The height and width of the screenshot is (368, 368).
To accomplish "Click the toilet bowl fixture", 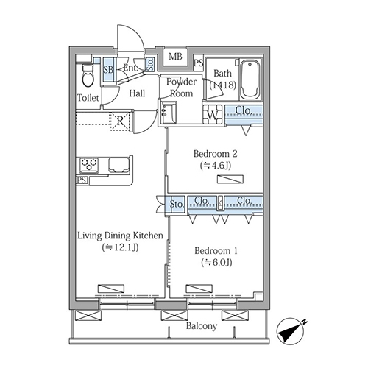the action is click(x=88, y=75).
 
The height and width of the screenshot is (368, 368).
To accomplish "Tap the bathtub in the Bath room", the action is click(x=250, y=79).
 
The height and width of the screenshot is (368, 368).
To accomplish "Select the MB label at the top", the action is click(x=175, y=57).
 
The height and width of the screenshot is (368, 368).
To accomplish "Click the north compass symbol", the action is click(x=291, y=332).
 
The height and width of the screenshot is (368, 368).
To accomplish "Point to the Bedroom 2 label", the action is click(x=215, y=154).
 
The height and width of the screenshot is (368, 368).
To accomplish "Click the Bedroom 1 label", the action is click(x=216, y=251).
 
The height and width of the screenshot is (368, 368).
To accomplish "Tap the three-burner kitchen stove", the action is click(x=89, y=164).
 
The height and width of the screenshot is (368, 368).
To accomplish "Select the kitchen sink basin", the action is click(x=119, y=164).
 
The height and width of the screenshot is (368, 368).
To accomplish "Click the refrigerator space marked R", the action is click(x=120, y=121).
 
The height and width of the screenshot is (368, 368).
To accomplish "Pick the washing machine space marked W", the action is click(x=213, y=114).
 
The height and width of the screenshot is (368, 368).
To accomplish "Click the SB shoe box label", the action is click(x=108, y=70).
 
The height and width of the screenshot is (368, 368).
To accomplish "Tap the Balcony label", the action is click(x=202, y=326).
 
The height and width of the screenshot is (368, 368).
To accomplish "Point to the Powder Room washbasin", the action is click(x=169, y=113).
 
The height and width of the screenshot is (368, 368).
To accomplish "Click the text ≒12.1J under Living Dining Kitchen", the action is click(x=120, y=247).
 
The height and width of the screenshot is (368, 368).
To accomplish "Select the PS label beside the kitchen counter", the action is click(x=82, y=180).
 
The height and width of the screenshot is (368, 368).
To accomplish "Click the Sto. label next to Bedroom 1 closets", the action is click(x=177, y=204).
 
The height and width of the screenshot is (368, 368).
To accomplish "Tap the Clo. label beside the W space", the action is click(x=243, y=110).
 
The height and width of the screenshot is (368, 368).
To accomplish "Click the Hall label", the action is click(x=137, y=93).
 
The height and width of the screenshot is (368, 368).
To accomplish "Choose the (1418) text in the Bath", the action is click(x=222, y=85).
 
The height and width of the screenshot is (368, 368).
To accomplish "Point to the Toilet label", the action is click(x=88, y=98).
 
